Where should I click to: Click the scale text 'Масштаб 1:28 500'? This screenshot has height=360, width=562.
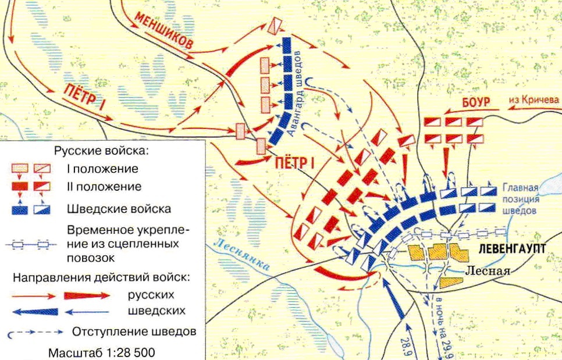tap(102, 352)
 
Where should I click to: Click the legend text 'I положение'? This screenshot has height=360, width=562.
tap(102, 169)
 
